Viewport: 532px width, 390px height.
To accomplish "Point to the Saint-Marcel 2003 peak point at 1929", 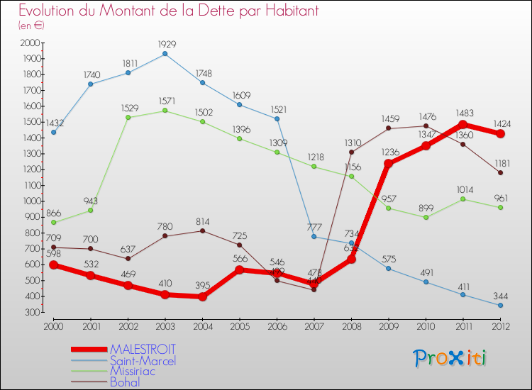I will (x=165, y=54).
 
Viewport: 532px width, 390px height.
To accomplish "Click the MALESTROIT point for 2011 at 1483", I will (x=462, y=124).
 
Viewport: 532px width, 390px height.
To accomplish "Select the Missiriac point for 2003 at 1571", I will (x=165, y=111).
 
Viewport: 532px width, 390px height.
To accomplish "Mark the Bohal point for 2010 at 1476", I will (x=426, y=126).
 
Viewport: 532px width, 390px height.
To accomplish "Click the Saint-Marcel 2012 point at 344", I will (x=500, y=305).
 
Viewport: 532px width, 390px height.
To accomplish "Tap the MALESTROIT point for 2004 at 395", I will (x=203, y=297).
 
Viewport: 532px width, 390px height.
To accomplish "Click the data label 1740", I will (x=92, y=74).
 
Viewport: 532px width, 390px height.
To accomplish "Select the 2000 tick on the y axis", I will (x=31, y=43).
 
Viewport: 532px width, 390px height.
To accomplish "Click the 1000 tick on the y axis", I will (x=31, y=201).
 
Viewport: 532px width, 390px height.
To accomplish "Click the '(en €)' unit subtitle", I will (x=32, y=26).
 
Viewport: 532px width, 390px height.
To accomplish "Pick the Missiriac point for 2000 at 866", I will (x=54, y=222).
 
